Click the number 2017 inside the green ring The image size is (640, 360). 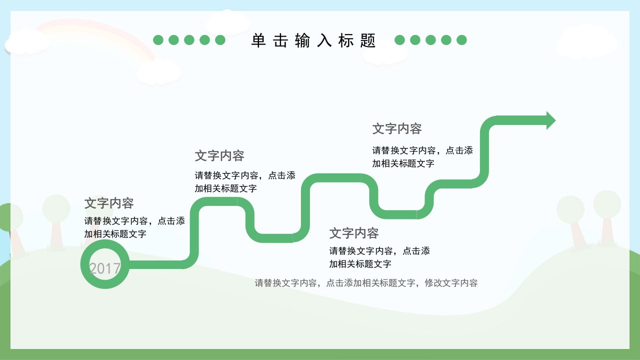105,268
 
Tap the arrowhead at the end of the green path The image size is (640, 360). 551,120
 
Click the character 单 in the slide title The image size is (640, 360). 258,40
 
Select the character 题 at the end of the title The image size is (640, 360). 367,40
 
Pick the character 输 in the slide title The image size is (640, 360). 302,40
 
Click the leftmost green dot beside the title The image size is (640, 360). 158,40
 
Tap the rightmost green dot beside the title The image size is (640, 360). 461,40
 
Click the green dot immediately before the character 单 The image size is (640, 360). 220,40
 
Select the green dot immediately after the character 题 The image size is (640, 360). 399,40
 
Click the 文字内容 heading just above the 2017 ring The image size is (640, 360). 109,203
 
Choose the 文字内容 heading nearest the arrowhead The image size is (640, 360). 397,128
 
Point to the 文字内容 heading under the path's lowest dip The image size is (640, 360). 354,233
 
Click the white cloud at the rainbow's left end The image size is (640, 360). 27,41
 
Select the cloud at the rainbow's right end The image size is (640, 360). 159,71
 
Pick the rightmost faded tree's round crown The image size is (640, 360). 607,204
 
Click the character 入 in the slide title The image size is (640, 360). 324,40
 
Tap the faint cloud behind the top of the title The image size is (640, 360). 228,22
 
